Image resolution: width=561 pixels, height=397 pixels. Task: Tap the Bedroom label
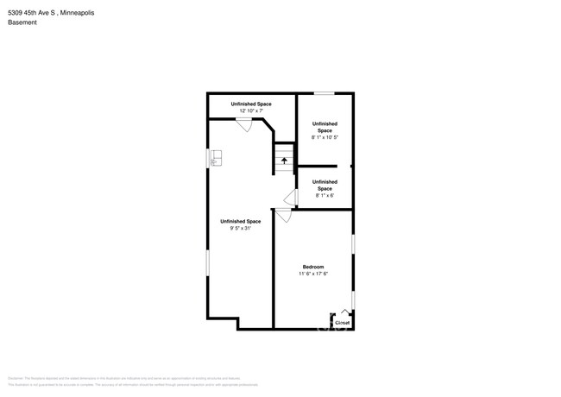tap(313, 267)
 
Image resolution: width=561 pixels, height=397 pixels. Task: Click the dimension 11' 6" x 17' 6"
tap(313, 274)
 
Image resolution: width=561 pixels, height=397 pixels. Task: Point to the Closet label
tap(342, 322)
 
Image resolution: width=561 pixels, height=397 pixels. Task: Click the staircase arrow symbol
tap(284, 160)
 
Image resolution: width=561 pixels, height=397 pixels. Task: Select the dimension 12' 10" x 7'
tap(250, 110)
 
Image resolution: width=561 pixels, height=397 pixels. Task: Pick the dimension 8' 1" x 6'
tap(325, 195)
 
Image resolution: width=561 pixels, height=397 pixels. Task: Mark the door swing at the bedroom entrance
tap(283, 217)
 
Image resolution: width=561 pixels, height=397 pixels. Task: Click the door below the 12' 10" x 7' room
tap(245, 125)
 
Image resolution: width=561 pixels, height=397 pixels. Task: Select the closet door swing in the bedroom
tap(344, 312)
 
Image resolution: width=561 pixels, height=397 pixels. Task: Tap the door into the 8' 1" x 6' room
tap(292, 198)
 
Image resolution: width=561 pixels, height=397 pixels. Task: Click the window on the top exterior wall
tap(324, 93)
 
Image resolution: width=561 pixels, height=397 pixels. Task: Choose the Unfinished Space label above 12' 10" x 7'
tap(250, 104)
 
